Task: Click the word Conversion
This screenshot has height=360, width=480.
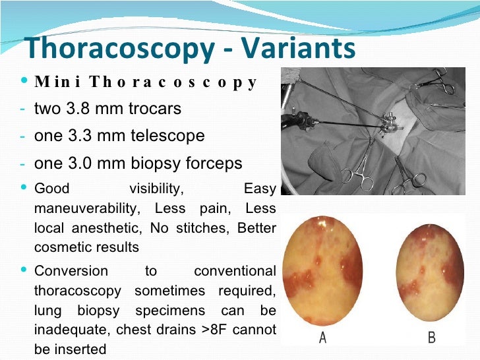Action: click(71, 271)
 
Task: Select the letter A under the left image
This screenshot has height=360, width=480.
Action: click(322, 338)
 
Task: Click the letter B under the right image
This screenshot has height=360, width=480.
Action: click(431, 338)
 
